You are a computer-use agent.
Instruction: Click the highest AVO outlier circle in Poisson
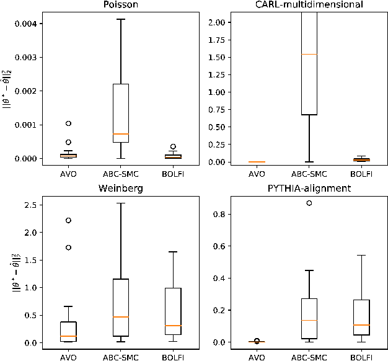click(x=68, y=123)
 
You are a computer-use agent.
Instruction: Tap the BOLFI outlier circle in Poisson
click(x=174, y=146)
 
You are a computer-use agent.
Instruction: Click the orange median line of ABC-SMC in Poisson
click(x=121, y=134)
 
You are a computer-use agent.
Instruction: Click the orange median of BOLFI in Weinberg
click(x=174, y=326)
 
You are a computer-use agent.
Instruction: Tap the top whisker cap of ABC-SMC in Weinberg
click(x=121, y=203)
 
